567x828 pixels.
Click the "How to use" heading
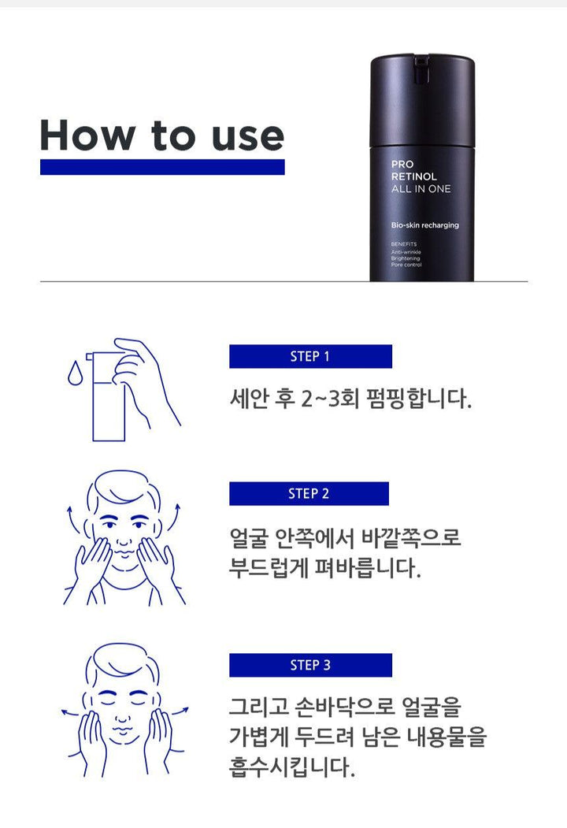(161, 135)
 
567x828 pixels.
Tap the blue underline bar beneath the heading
(161, 167)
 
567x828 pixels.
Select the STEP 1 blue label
(310, 356)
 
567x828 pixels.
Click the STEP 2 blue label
(309, 494)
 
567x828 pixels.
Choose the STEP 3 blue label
(310, 665)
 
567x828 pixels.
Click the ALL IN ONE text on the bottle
(421, 189)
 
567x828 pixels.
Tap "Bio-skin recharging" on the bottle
(424, 225)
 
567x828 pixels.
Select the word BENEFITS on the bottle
(404, 244)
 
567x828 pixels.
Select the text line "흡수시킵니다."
(290, 765)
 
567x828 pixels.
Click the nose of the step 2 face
(124, 533)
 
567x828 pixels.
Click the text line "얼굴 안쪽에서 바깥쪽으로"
(345, 539)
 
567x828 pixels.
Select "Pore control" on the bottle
(406, 265)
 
